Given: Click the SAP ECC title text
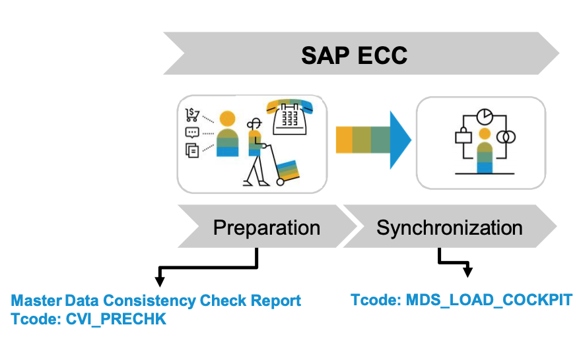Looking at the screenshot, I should click(354, 55).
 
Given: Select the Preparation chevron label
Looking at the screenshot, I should click(266, 228).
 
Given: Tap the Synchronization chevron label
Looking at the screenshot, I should click(449, 228).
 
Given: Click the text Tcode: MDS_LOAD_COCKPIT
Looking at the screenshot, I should click(461, 300).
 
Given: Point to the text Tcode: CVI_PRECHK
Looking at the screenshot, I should click(88, 320).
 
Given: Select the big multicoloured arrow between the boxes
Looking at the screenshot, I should click(374, 139).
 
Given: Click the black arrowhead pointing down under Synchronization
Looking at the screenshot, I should click(469, 270).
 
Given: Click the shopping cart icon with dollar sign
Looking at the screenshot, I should click(192, 115).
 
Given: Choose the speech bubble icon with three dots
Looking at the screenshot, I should click(192, 133).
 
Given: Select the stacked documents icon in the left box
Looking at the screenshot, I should click(192, 150).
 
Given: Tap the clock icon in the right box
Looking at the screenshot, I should click(485, 115).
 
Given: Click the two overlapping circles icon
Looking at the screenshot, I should click(506, 137).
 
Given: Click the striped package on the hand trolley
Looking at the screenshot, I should click(289, 170).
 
